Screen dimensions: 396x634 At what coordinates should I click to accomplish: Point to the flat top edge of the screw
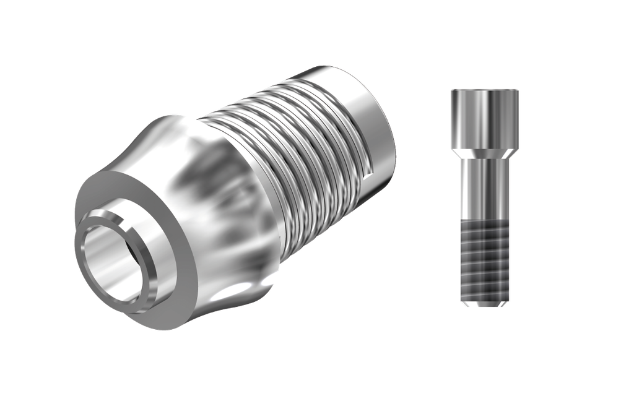point(485,91)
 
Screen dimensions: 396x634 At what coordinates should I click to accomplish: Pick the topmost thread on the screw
point(485,228)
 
